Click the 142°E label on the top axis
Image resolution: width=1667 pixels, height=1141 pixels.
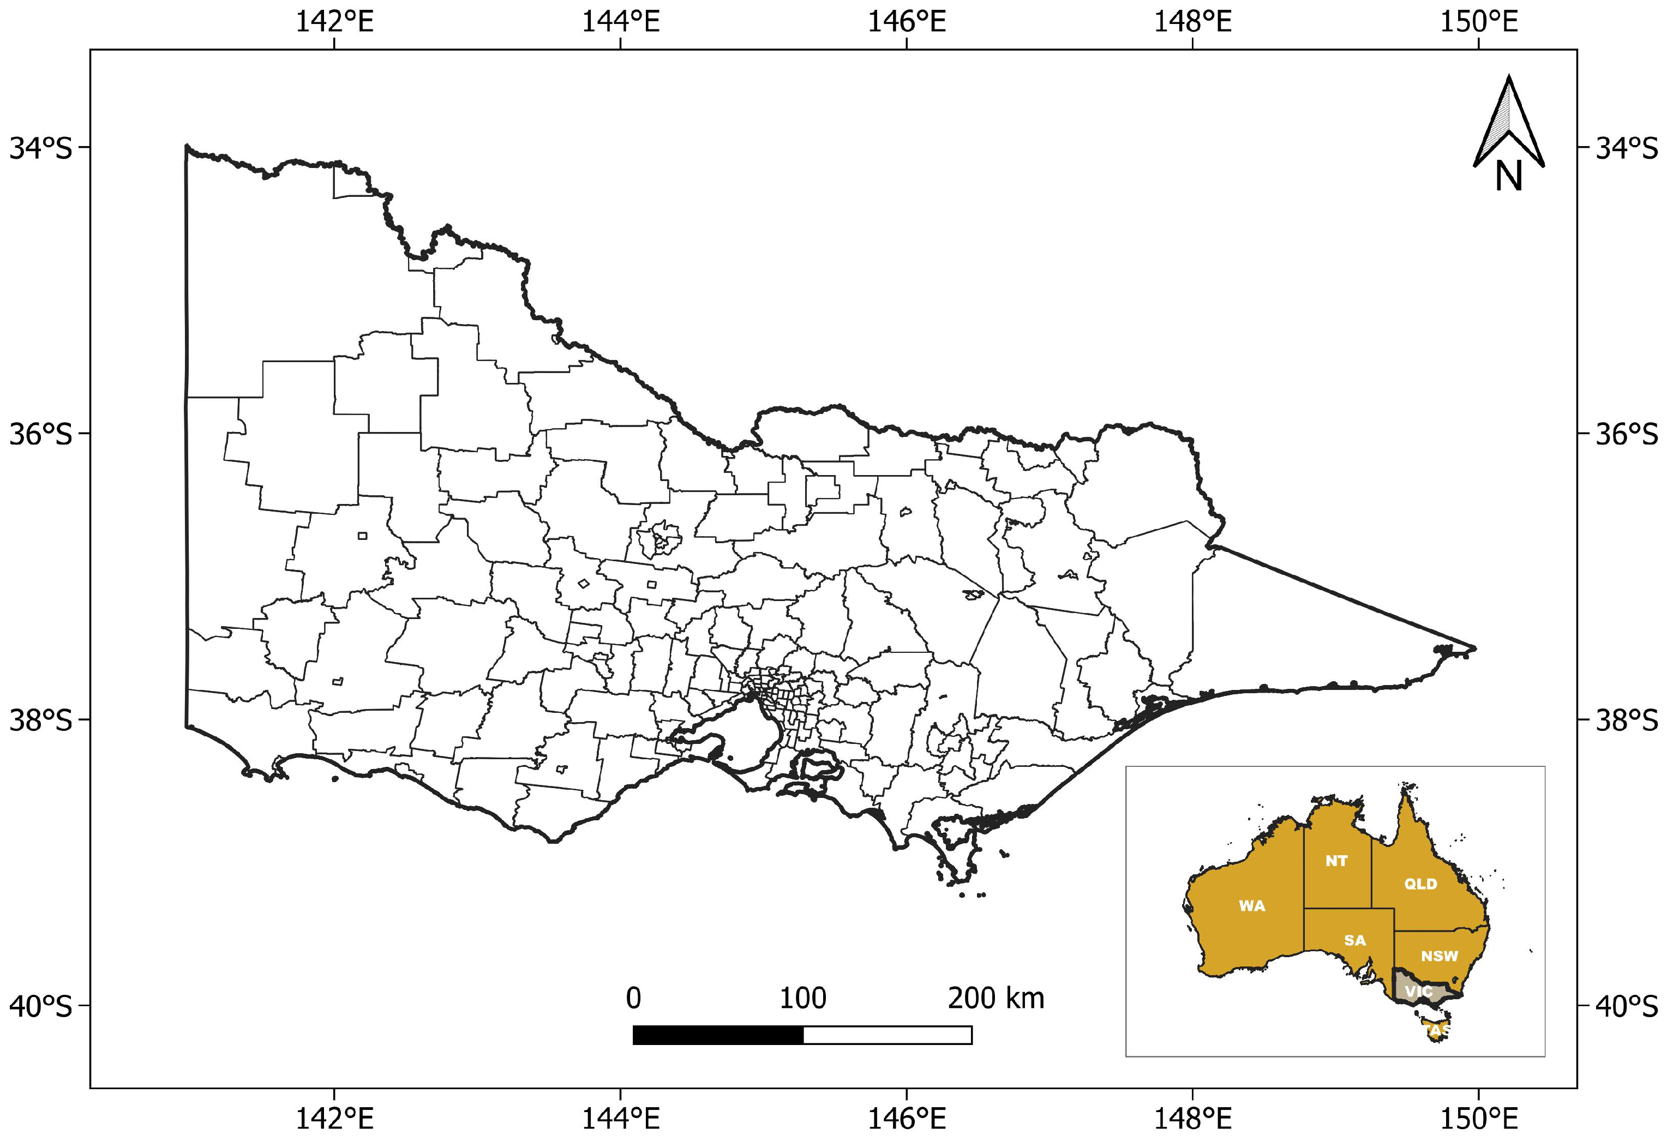(x=334, y=21)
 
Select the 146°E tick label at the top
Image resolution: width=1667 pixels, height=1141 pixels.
(x=907, y=21)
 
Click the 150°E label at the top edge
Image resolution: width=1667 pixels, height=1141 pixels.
(x=1478, y=21)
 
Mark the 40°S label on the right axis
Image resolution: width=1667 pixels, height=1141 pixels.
(x=1627, y=1007)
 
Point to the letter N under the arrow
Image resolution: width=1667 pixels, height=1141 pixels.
(x=1508, y=176)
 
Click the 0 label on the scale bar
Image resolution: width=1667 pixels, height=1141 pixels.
(x=633, y=998)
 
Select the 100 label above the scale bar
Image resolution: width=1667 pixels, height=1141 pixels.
(x=802, y=998)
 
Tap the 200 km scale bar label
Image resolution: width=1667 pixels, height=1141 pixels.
(x=996, y=998)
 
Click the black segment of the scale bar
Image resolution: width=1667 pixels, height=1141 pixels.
(x=718, y=1035)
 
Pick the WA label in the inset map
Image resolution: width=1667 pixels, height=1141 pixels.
(x=1252, y=906)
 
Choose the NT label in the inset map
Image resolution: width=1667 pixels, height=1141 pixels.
(x=1336, y=861)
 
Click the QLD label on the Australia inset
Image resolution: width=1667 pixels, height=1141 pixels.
(x=1420, y=884)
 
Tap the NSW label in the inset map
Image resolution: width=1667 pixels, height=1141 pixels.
(x=1440, y=956)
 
